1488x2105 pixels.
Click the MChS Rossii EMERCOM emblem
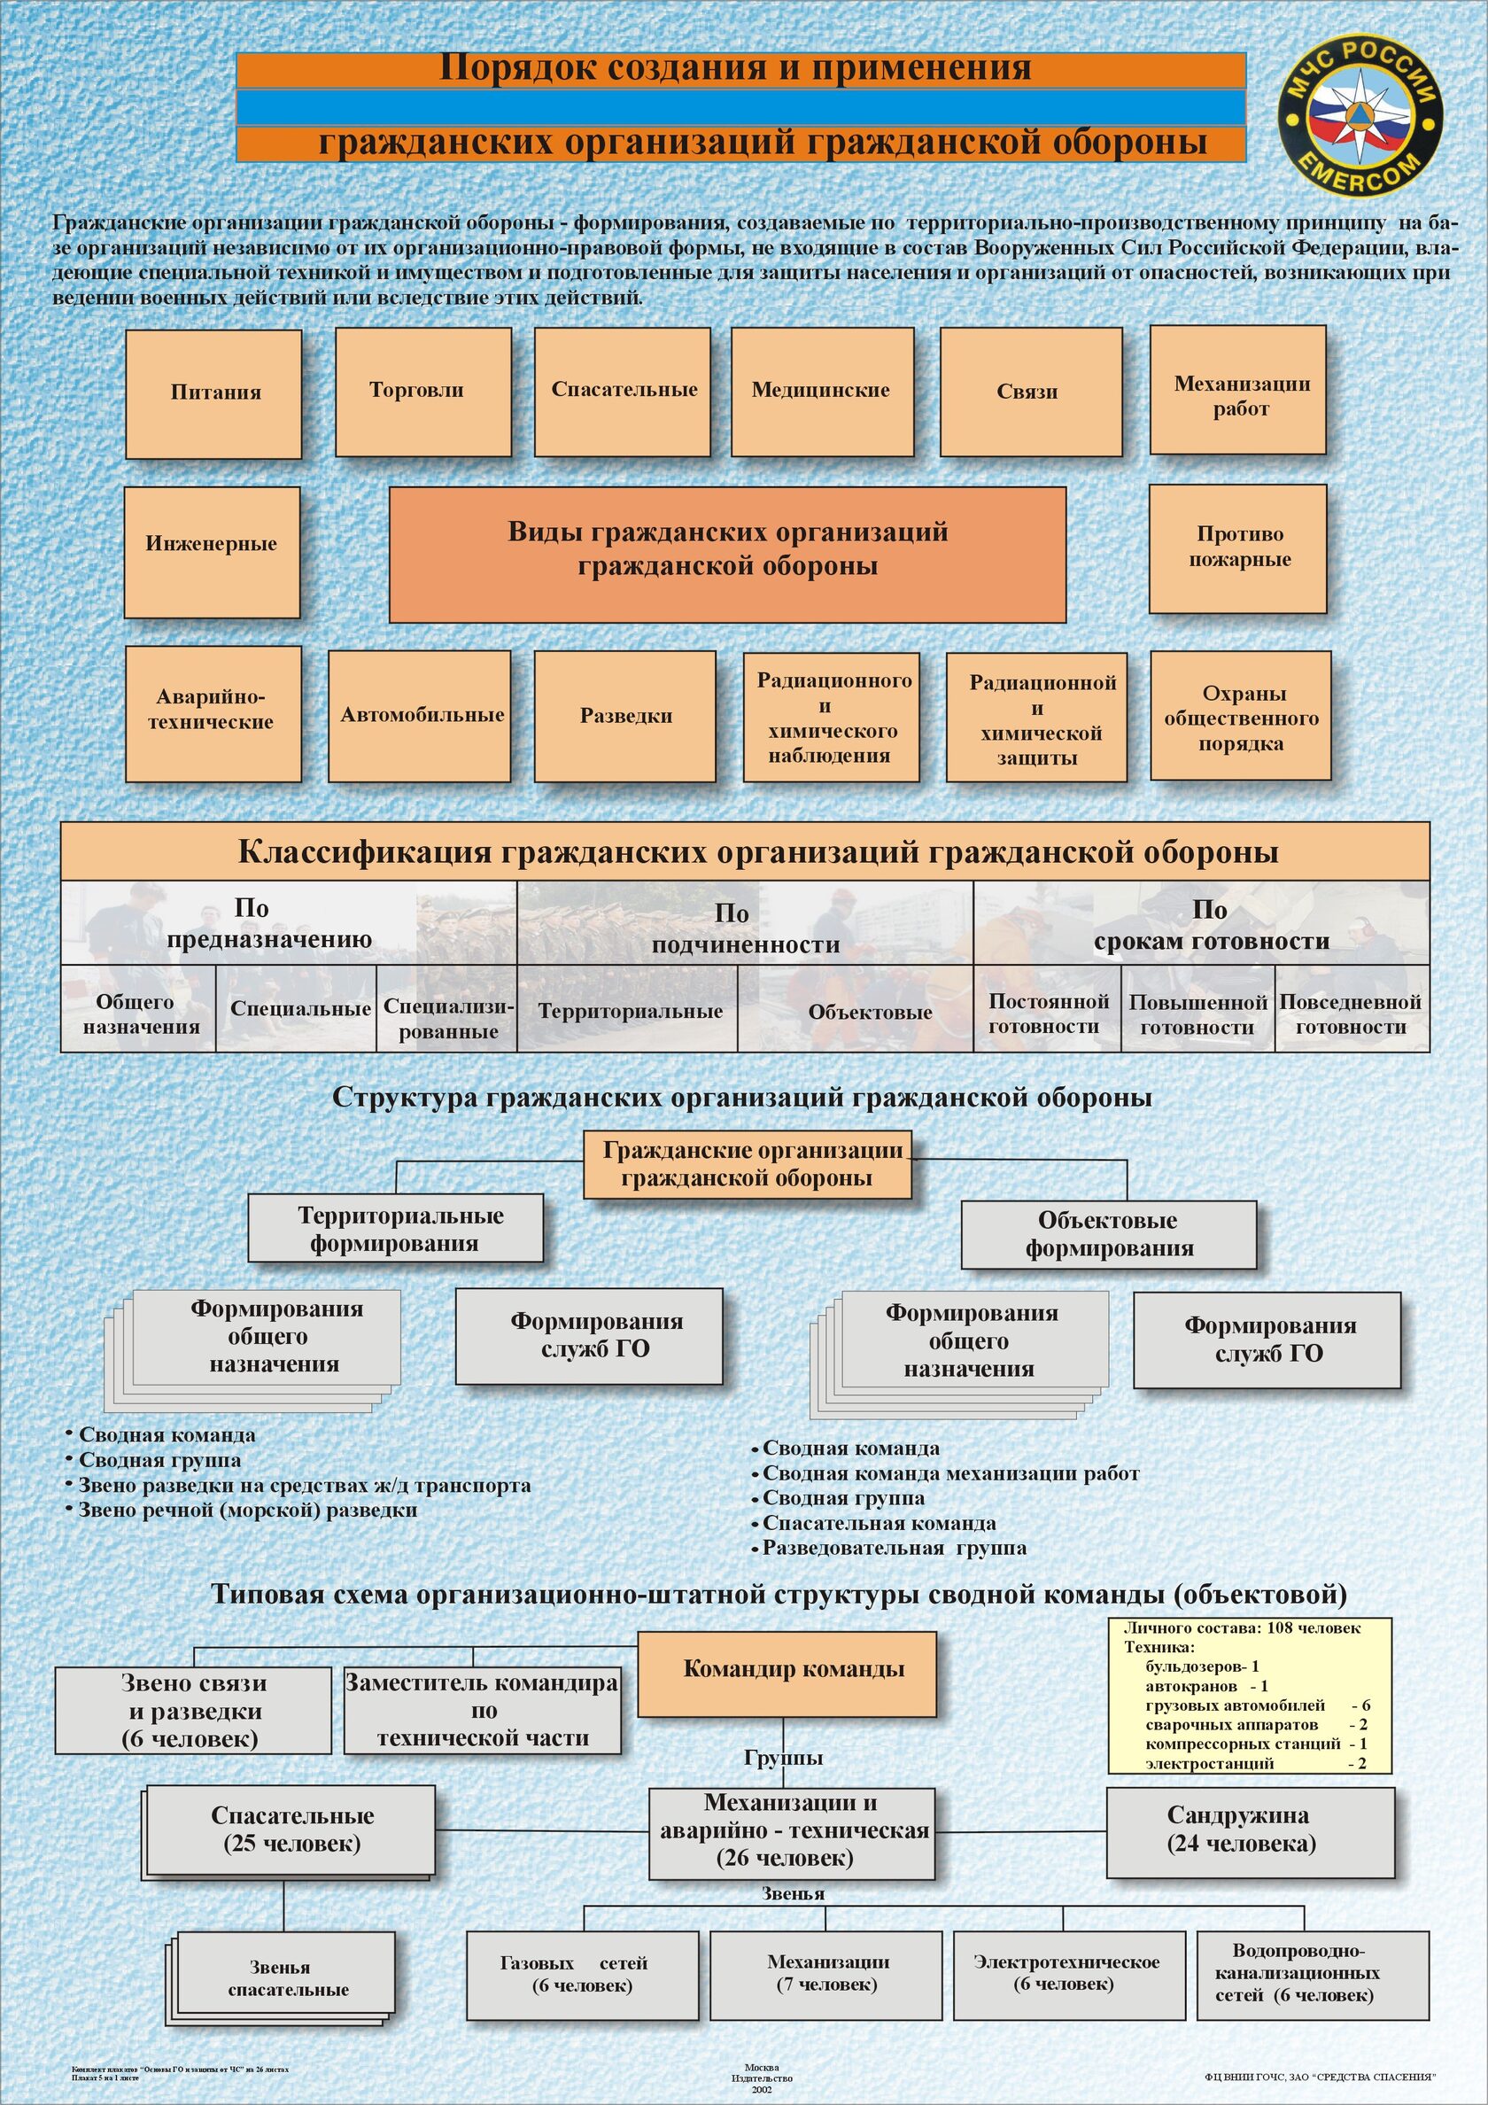1360,115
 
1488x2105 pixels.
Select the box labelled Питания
213,393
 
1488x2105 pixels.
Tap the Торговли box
422,392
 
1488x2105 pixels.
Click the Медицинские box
821,392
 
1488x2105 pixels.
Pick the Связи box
1029,392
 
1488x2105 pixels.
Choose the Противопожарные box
1237,548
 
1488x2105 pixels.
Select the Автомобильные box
420,717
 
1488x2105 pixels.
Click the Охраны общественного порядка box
1241,717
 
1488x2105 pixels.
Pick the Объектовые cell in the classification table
869,1012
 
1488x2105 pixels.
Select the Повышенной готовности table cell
1197,1014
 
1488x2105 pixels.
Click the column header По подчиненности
745,928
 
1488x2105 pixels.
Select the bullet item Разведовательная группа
894,1548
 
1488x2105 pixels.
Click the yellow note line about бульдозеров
1202,1666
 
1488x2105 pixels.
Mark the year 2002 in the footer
761,2088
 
